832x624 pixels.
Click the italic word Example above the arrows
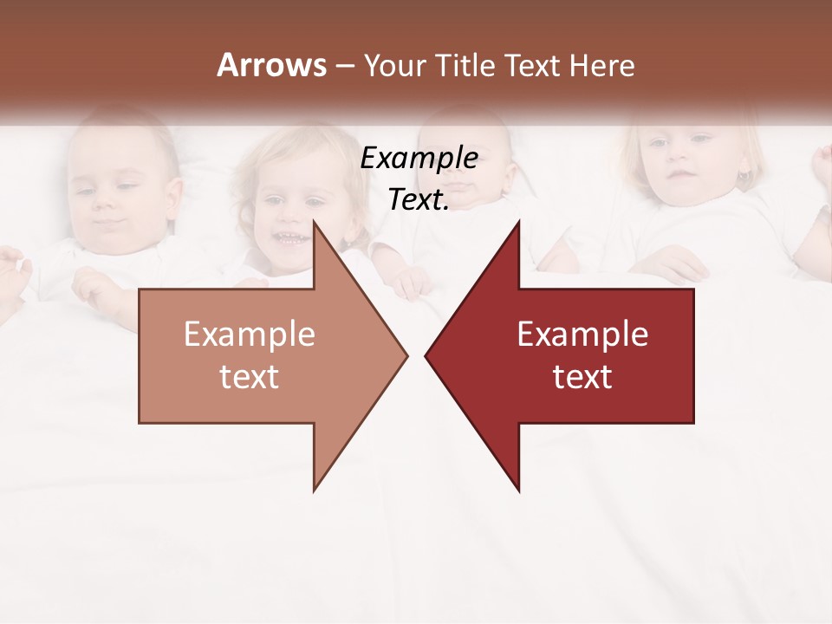click(x=419, y=158)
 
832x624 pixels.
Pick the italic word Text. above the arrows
click(x=419, y=199)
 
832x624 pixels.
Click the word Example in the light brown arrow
click(x=249, y=335)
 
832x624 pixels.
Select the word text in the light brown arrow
click(x=249, y=376)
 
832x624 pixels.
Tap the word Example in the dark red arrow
click(x=582, y=335)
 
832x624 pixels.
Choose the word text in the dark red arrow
click(x=582, y=376)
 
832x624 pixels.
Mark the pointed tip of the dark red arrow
click(x=426, y=355)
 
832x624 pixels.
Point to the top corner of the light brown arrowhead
click(x=315, y=223)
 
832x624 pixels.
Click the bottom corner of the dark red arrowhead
click(x=518, y=490)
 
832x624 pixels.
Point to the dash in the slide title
click(x=344, y=66)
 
